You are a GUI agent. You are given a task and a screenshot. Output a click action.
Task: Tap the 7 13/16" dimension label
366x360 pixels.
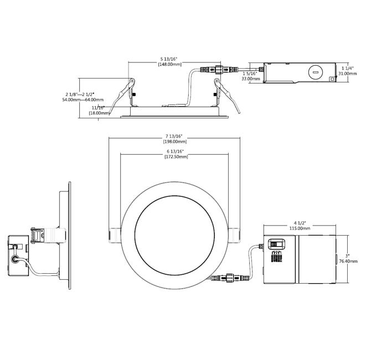(x=174, y=135)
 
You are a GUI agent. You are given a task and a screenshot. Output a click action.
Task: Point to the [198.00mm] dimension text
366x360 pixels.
(x=174, y=142)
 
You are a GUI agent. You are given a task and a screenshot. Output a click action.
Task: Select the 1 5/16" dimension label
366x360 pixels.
(x=250, y=73)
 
